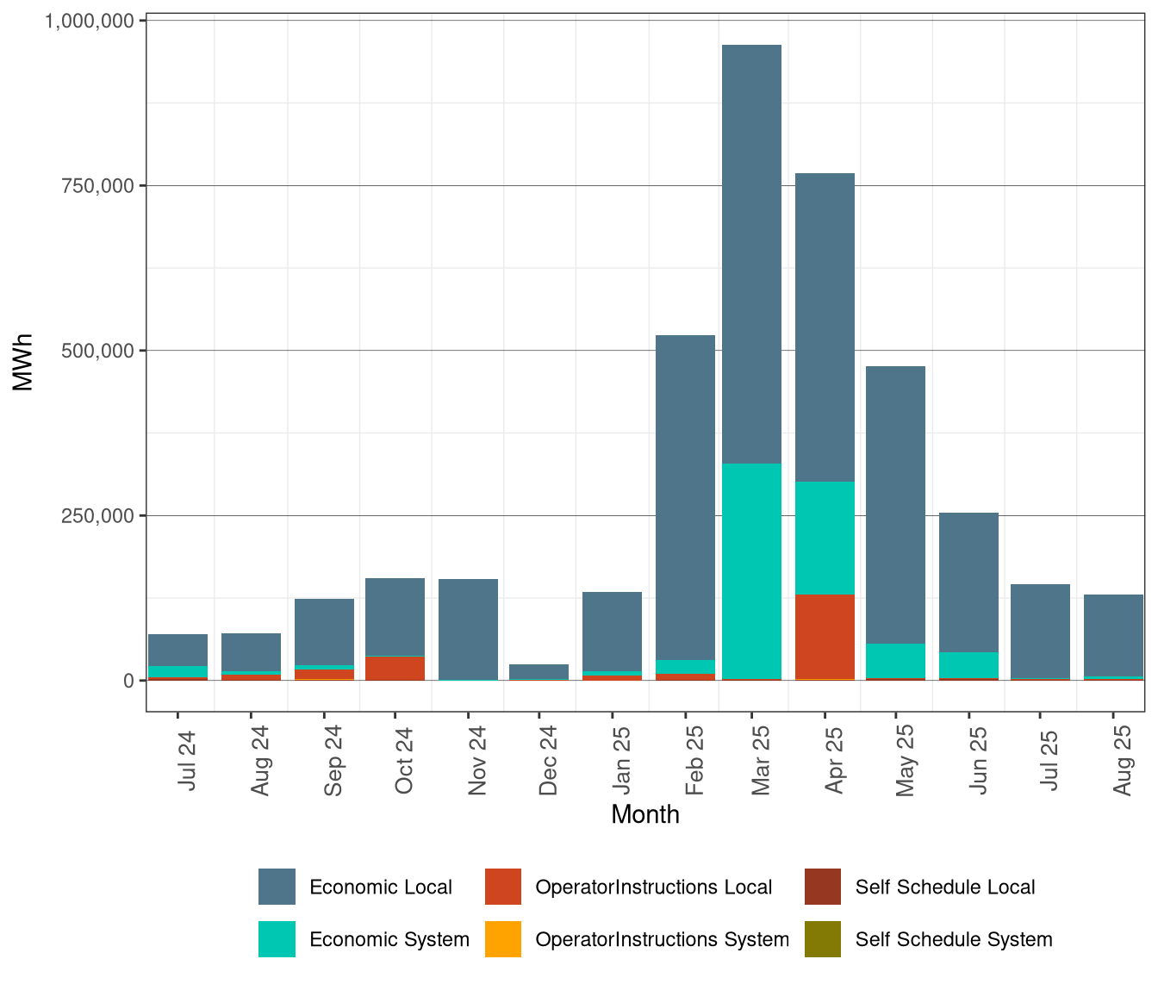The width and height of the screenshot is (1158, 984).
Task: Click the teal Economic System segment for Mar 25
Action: click(751, 570)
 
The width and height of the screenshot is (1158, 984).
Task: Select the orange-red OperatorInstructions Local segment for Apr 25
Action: click(825, 636)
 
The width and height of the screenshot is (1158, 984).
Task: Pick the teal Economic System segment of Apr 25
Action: click(825, 538)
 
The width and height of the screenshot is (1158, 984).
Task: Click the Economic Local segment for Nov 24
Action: click(468, 629)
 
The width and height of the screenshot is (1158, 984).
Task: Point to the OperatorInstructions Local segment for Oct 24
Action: click(395, 668)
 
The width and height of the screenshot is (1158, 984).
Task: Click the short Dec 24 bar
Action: click(539, 671)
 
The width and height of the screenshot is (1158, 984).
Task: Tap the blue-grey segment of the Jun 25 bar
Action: click(968, 582)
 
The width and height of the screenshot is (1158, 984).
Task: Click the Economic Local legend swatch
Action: click(277, 887)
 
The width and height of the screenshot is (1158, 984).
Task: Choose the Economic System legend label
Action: click(389, 939)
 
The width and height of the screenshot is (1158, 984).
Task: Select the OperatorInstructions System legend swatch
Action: click(503, 939)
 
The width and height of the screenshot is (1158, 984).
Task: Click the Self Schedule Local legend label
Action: click(945, 887)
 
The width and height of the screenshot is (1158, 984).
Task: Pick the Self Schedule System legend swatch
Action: click(823, 939)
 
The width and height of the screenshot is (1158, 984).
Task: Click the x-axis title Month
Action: click(645, 814)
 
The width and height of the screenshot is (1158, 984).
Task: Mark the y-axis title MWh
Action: click(23, 363)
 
